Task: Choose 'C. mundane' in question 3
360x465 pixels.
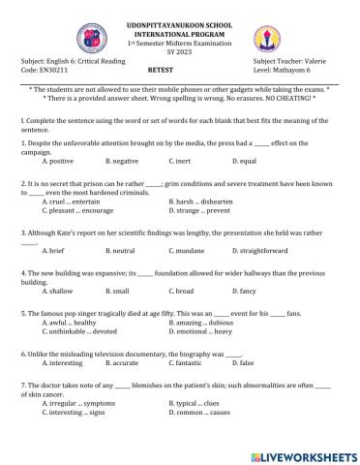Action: click(190, 251)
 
